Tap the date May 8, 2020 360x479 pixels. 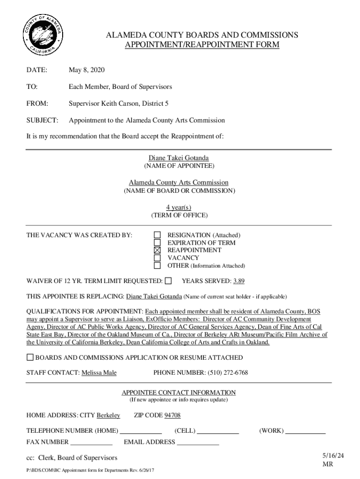coord(86,70)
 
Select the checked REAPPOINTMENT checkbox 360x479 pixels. coord(158,250)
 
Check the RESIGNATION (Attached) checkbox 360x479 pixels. coord(158,235)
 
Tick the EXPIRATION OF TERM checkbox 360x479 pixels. coord(158,243)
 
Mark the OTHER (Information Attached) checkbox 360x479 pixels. coord(158,266)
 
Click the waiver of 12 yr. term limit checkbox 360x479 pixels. coord(168,281)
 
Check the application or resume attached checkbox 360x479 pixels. coord(30,357)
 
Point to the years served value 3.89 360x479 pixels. coord(239,281)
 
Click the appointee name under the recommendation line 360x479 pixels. coord(179,158)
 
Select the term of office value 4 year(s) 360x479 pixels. coord(179,207)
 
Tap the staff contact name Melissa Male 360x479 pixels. coord(99,373)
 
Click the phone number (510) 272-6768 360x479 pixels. coord(227,373)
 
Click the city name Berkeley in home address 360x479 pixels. coord(108,415)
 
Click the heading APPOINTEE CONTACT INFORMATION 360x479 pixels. coord(179,392)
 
